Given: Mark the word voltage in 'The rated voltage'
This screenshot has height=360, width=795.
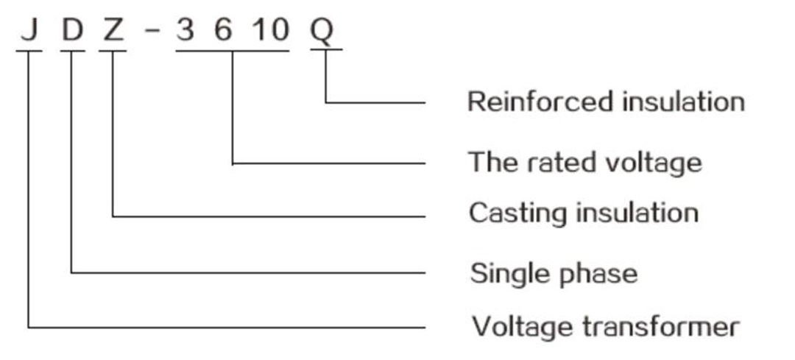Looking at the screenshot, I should pos(656,161).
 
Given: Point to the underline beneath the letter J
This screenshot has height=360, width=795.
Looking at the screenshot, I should pos(29,51).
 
